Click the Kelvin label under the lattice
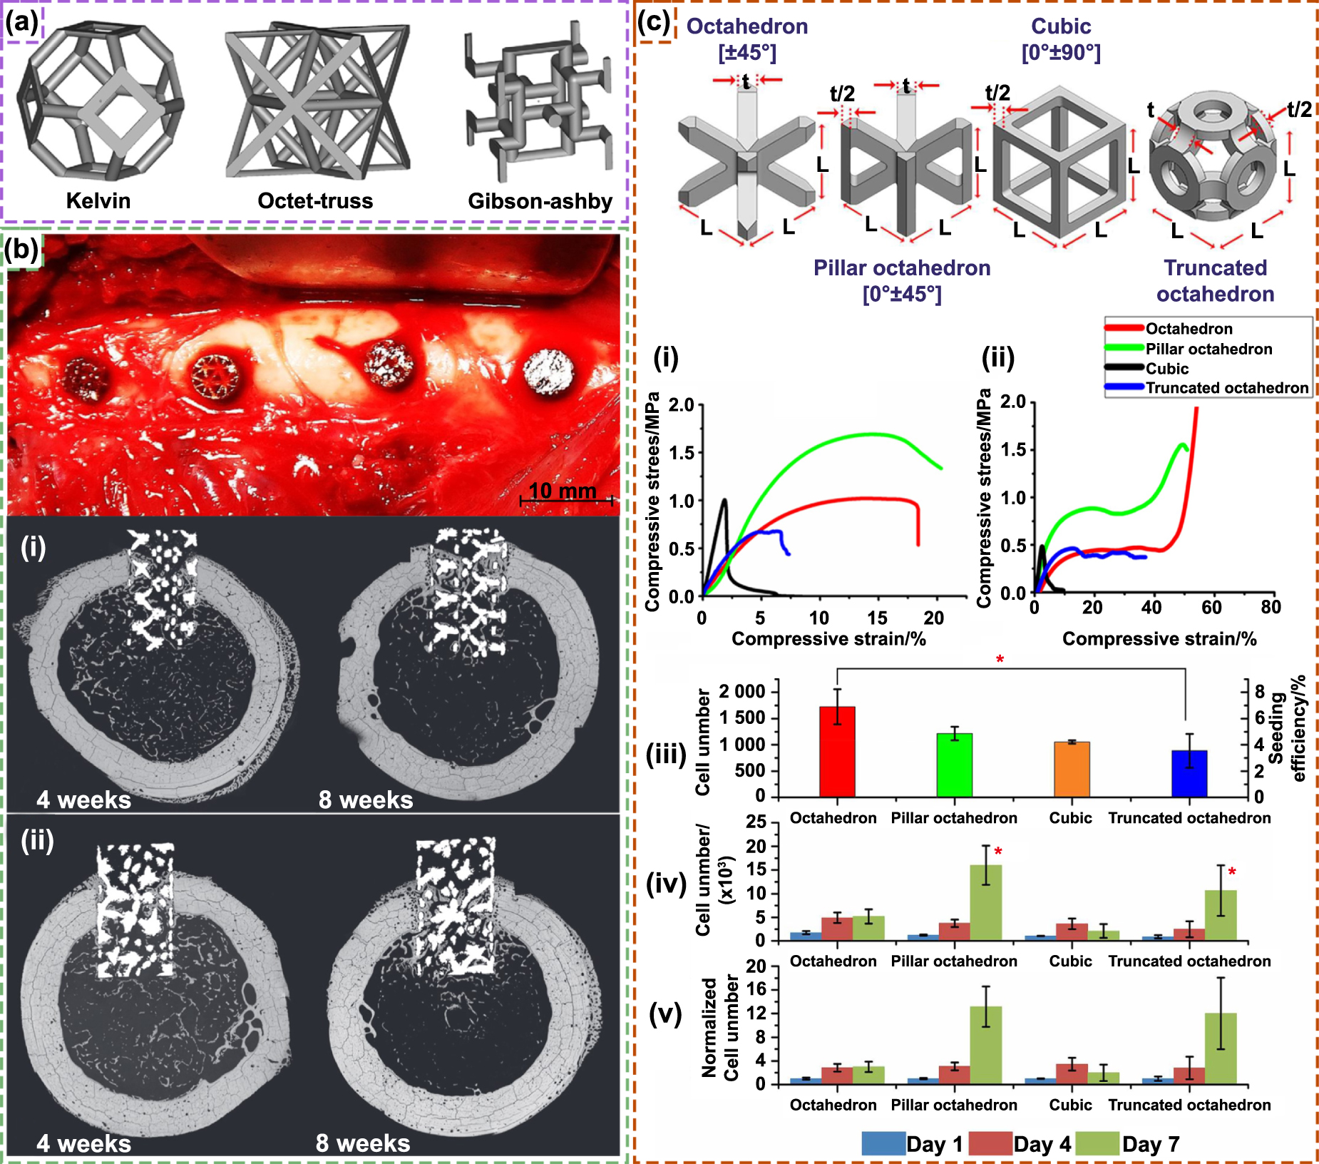click(98, 200)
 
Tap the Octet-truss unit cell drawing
click(316, 103)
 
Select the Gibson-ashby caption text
click(540, 201)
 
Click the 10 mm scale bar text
click(563, 491)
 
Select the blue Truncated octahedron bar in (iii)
click(1189, 773)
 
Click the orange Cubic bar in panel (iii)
click(1072, 769)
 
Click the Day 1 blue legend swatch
click(883, 1143)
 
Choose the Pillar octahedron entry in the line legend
click(1208, 349)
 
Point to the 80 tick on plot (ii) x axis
click(1271, 608)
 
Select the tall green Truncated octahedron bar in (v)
click(1221, 1048)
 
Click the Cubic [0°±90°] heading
click(1061, 39)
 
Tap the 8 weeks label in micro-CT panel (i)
click(366, 800)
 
